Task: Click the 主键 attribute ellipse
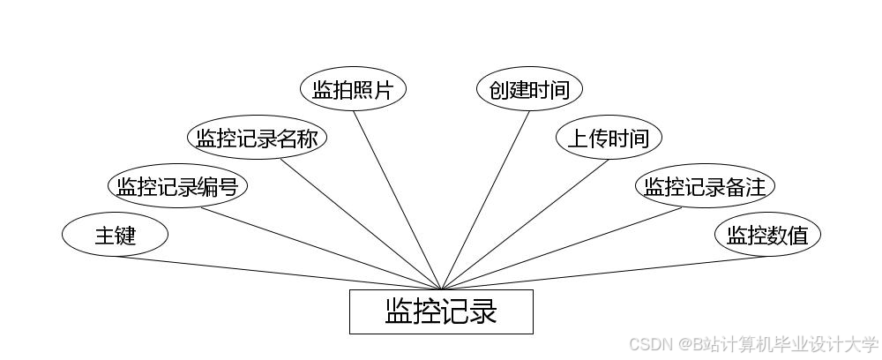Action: (x=115, y=235)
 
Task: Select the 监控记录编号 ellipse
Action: (x=177, y=186)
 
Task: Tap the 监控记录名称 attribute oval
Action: (x=257, y=139)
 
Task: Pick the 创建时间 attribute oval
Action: (x=529, y=89)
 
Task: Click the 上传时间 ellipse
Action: (x=609, y=139)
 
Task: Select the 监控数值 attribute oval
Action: (x=767, y=235)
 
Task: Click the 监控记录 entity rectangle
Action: (x=441, y=311)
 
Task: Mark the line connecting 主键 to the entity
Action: (x=278, y=273)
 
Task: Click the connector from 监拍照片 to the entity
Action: (x=397, y=200)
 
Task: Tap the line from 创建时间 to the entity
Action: (x=485, y=200)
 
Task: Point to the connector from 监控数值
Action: (x=604, y=273)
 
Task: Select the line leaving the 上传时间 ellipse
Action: (x=525, y=224)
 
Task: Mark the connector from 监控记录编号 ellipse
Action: (x=322, y=249)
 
